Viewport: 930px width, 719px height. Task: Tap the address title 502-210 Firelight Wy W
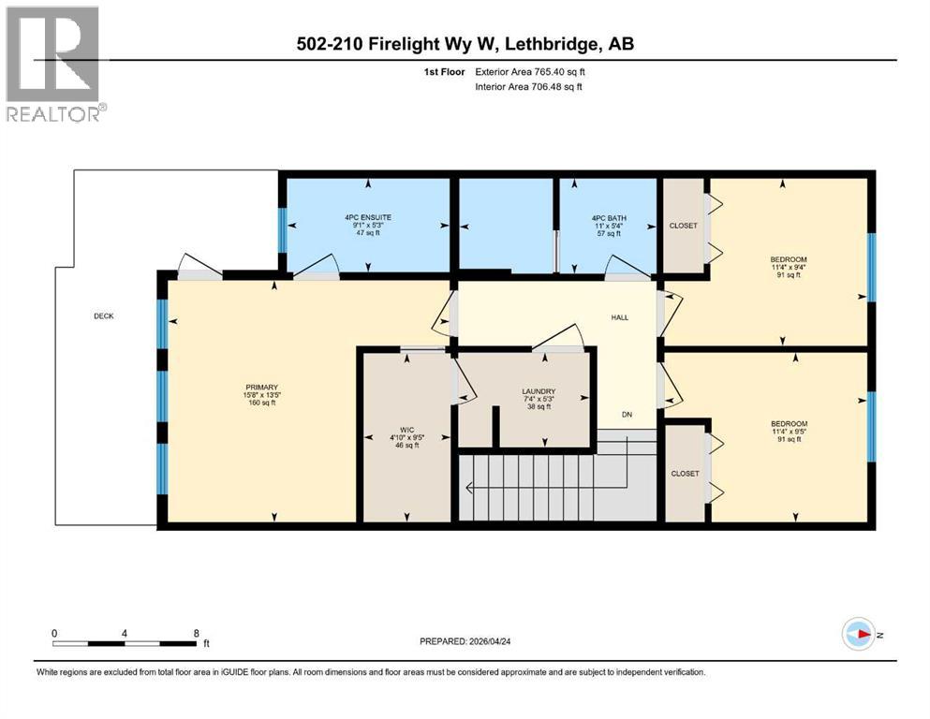click(x=465, y=43)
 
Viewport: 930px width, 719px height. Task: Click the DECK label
click(x=104, y=316)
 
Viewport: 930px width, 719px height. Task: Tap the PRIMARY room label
click(x=261, y=388)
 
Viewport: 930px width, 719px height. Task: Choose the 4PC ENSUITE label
click(x=367, y=217)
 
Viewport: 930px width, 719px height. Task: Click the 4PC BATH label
click(x=608, y=217)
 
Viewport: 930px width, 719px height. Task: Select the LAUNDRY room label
click(x=539, y=391)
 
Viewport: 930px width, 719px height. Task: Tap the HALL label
click(x=619, y=317)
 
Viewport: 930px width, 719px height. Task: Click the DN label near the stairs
click(x=627, y=414)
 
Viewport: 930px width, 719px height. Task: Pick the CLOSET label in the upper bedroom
click(x=684, y=226)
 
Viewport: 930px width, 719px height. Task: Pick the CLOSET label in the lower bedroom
click(x=685, y=474)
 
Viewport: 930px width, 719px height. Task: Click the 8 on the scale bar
click(x=196, y=633)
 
